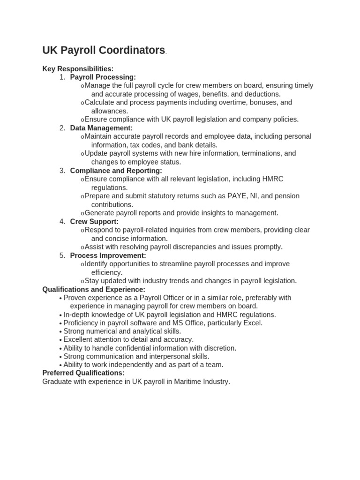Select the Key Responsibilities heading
tap(78, 69)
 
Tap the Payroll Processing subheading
tap(103, 77)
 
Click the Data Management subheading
tap(101, 128)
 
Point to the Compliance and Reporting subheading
tap(116, 171)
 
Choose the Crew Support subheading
tap(94, 221)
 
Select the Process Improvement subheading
tap(108, 255)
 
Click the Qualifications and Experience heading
tap(94, 289)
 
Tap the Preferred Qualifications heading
tap(83, 373)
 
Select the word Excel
tap(253, 323)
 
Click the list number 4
tap(62, 221)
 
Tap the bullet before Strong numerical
tap(60, 331)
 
